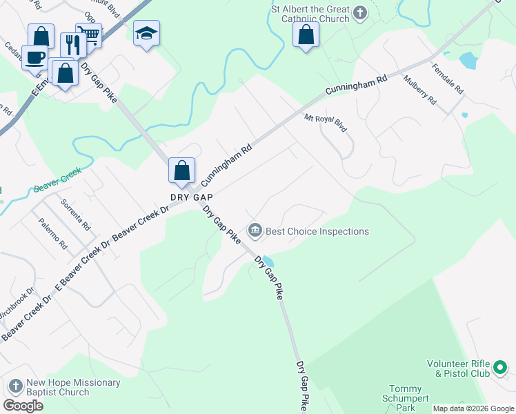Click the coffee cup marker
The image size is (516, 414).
pyautogui.click(x=34, y=57)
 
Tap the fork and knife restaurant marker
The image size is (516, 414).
pyautogui.click(x=72, y=45)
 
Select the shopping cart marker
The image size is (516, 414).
pyautogui.click(x=89, y=34)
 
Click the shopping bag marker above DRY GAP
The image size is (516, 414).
pyautogui.click(x=181, y=170)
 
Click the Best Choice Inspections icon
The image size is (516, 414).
pyautogui.click(x=255, y=231)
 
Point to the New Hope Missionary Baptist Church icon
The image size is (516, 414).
pyautogui.click(x=15, y=387)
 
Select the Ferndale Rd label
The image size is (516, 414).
pyautogui.click(x=448, y=81)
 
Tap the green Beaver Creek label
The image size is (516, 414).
pyautogui.click(x=58, y=179)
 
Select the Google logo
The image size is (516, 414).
pyautogui.click(x=23, y=406)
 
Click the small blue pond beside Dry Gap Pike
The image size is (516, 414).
pyautogui.click(x=268, y=262)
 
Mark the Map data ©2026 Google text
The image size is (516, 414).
pyautogui.click(x=473, y=408)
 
